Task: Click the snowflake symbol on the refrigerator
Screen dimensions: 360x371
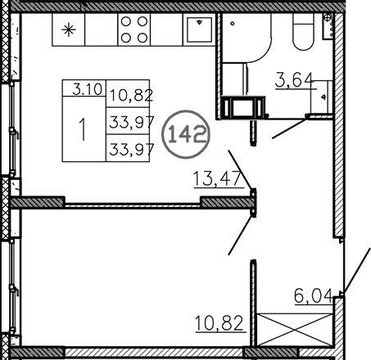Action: [69, 31]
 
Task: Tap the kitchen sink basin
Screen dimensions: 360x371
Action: [197, 30]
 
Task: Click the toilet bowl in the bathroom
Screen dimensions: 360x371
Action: [302, 33]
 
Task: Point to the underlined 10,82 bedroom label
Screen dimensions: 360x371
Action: [220, 322]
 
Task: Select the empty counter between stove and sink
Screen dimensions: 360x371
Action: [165, 30]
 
